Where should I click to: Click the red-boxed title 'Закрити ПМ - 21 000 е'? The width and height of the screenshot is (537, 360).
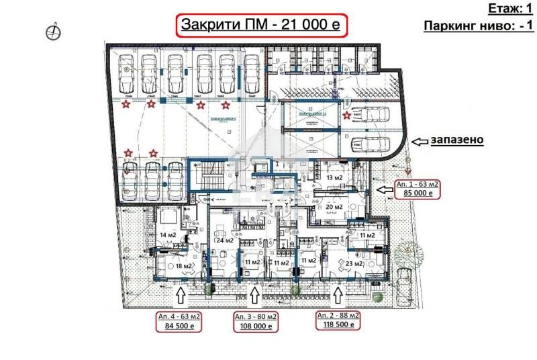(262, 26)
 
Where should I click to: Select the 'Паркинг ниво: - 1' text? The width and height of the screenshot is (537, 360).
(479, 26)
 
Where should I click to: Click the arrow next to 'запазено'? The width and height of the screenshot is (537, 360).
(421, 141)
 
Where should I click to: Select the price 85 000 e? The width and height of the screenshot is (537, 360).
(416, 193)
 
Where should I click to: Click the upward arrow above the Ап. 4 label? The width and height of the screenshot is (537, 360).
(180, 296)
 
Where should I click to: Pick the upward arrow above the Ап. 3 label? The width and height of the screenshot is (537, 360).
(255, 296)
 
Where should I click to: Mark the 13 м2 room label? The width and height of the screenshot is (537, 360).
(335, 177)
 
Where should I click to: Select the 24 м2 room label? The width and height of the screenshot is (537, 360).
(224, 240)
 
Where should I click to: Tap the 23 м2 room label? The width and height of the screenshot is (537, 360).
(354, 264)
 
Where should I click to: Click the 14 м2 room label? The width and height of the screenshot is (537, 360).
(166, 235)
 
